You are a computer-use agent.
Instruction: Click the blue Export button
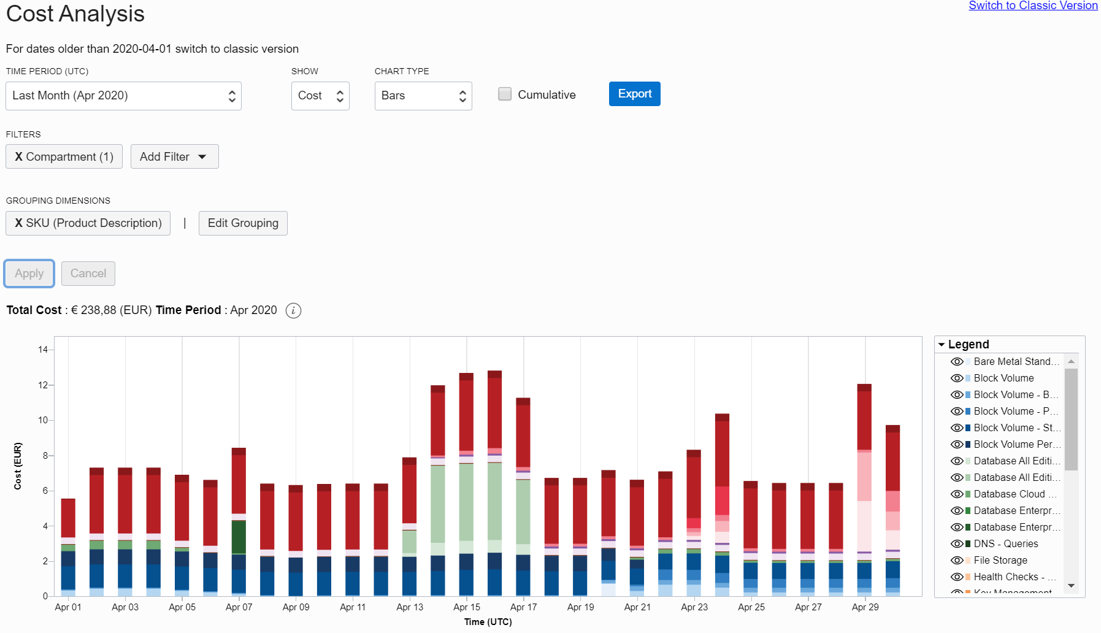[x=634, y=94]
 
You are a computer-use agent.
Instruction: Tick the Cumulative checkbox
[x=505, y=94]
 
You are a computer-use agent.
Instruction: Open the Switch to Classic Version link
[x=1033, y=6]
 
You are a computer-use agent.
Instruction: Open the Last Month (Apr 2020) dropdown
[x=123, y=96]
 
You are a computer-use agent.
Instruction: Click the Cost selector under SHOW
[x=320, y=96]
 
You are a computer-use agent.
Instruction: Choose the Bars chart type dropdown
[x=423, y=96]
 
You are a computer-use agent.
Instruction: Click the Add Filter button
[x=174, y=156]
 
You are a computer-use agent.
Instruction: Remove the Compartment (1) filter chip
[x=19, y=156]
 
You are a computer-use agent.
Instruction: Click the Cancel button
[x=88, y=274]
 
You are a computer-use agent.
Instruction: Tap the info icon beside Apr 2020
[x=294, y=310]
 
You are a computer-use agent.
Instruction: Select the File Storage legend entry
[x=1000, y=560]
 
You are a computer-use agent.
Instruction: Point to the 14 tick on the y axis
[x=43, y=350]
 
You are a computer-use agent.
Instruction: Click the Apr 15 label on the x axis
[x=467, y=607]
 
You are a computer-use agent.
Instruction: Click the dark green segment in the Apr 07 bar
[x=239, y=537]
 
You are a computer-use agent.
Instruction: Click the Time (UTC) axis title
[x=488, y=622]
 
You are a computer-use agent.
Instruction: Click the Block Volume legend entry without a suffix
[x=1003, y=378]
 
